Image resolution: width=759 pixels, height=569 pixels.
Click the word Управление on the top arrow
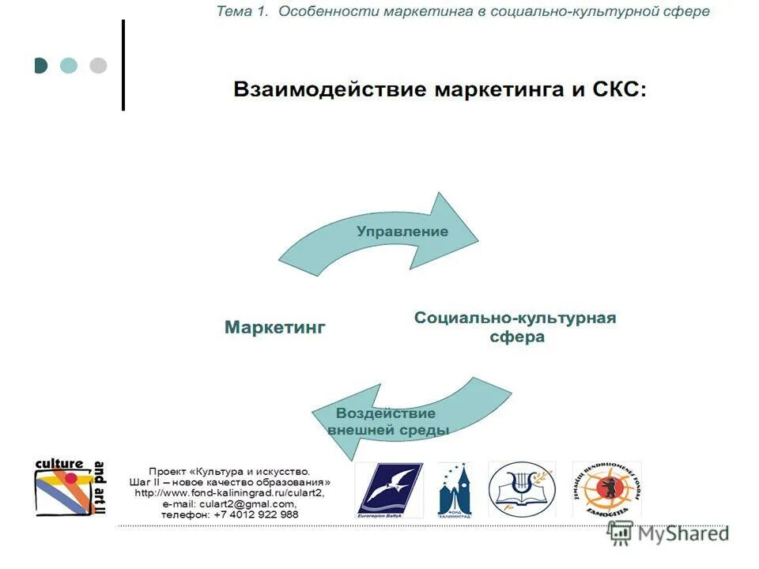[x=402, y=232]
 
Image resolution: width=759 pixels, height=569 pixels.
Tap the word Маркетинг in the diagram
[x=274, y=327]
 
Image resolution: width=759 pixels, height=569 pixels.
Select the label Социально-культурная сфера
[x=515, y=327]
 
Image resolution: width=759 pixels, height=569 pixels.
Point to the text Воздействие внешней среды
[x=387, y=422]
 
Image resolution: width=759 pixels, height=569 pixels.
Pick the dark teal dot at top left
[x=41, y=66]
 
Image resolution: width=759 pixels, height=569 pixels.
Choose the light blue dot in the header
[x=69, y=66]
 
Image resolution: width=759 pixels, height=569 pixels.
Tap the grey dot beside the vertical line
[x=98, y=66]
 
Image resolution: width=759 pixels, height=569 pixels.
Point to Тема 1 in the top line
[x=244, y=12]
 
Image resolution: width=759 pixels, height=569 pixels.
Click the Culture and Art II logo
[x=70, y=488]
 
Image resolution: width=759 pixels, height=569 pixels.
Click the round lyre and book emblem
[x=521, y=488]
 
